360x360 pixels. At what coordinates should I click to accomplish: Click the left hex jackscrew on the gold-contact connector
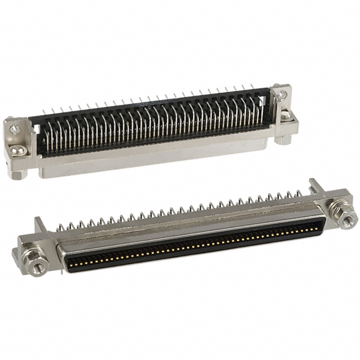point(37,267)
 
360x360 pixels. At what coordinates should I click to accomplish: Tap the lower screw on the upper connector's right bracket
point(285,115)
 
